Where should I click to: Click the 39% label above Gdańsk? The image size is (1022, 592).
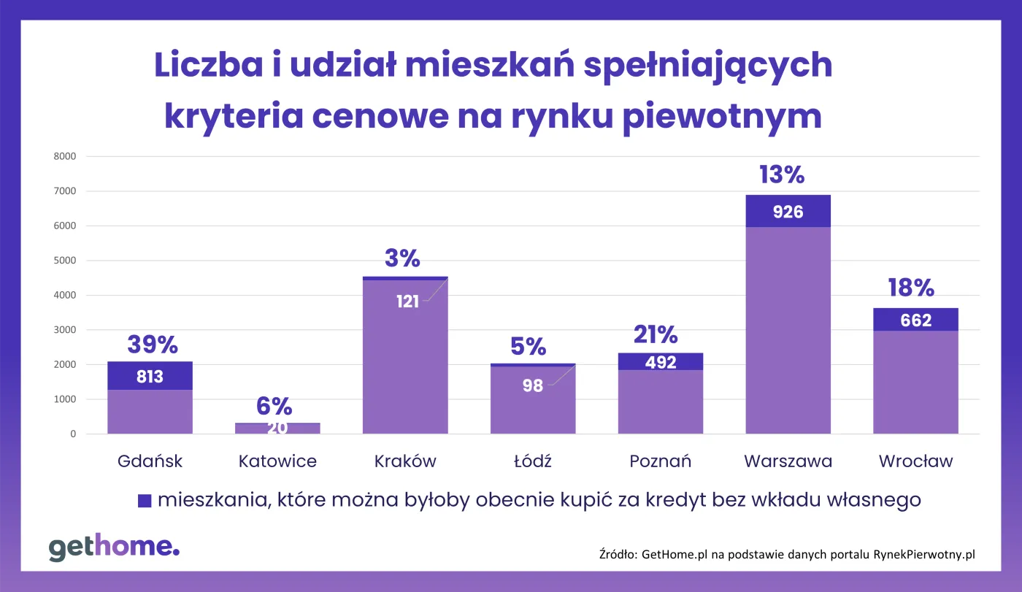(x=152, y=345)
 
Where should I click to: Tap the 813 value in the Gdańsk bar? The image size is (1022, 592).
(x=150, y=377)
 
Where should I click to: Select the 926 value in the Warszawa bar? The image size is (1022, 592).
(x=788, y=212)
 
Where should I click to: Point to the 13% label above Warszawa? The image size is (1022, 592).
(x=781, y=175)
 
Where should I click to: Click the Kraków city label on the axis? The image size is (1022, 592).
(x=405, y=461)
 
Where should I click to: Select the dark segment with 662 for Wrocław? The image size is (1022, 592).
(x=915, y=320)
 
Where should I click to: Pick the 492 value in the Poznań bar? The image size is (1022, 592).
(x=661, y=361)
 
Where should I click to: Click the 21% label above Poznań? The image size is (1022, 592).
(x=655, y=335)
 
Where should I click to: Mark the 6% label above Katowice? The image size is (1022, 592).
(x=274, y=407)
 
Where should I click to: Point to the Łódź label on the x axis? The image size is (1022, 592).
(x=532, y=461)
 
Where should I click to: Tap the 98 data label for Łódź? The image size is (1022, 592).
(x=532, y=385)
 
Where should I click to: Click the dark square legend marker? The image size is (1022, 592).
(x=145, y=501)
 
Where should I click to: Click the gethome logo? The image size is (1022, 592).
(x=114, y=547)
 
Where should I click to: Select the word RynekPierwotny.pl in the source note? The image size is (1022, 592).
(x=924, y=555)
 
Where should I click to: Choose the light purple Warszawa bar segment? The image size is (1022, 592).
(x=788, y=328)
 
